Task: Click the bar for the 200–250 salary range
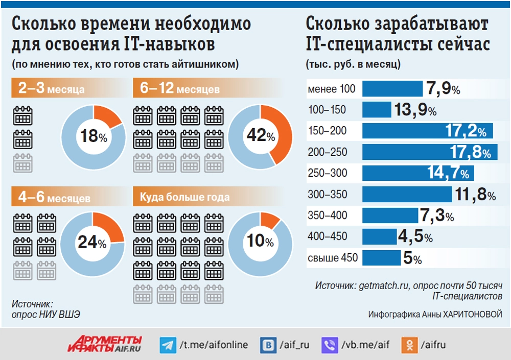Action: (x=429, y=152)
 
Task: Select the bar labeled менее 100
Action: (x=392, y=89)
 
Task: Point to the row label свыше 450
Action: (x=333, y=258)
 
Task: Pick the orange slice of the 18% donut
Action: (x=107, y=117)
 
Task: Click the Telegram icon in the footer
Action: (x=167, y=345)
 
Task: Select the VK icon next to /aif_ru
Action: (x=268, y=345)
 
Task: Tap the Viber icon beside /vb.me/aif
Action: (x=329, y=345)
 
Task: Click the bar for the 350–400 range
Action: (x=389, y=215)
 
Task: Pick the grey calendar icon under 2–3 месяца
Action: (x=22, y=162)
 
